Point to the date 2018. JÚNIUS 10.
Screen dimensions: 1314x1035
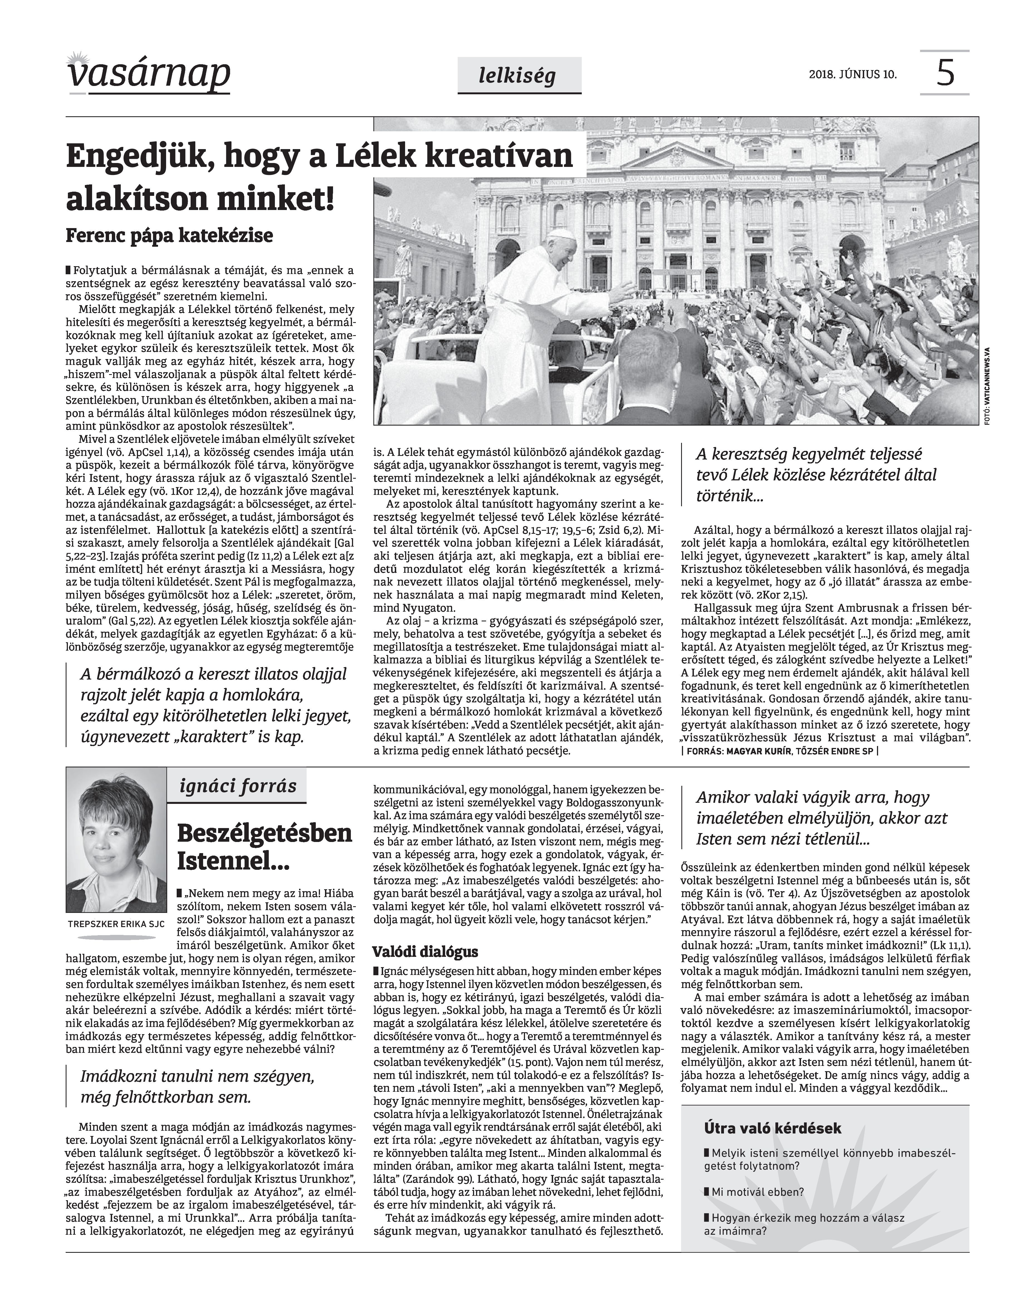pos(852,75)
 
